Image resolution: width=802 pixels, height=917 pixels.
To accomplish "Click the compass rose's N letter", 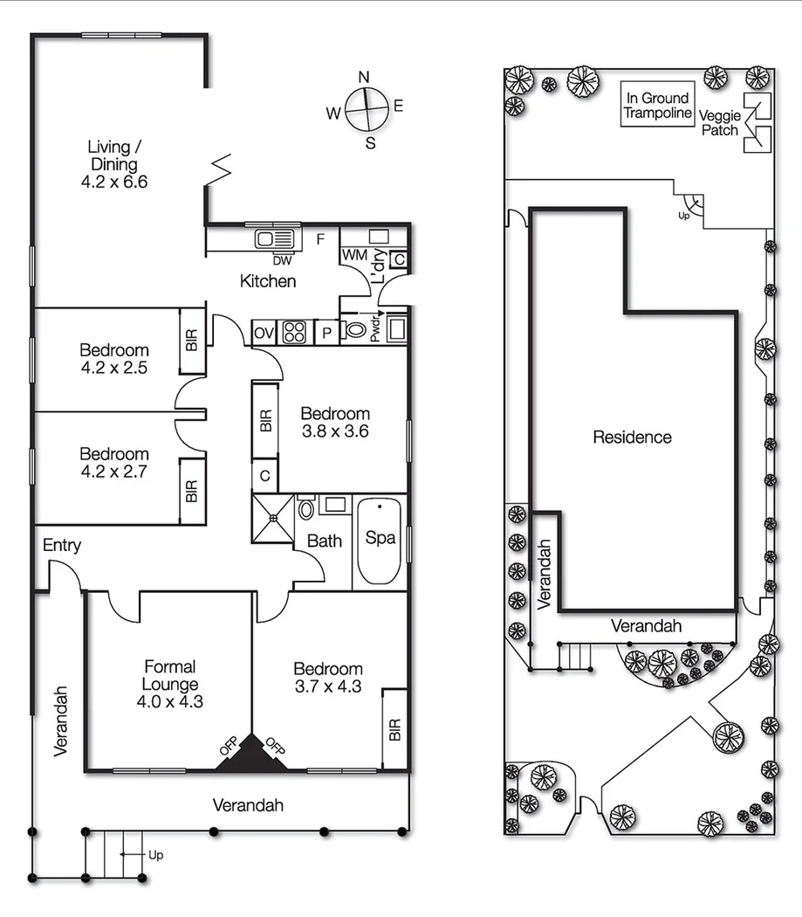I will click(365, 75).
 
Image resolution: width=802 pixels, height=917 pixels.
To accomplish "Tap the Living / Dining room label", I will click(114, 164).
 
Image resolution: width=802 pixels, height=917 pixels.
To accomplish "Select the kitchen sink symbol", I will click(275, 238).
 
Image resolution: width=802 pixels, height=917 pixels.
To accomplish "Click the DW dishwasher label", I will click(281, 259).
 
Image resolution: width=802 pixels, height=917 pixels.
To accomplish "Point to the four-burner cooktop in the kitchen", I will click(295, 333).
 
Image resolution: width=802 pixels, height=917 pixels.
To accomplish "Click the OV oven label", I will click(264, 333).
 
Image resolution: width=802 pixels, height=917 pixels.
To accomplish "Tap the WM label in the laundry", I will click(354, 254).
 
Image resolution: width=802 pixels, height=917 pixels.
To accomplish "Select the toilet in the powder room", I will click(355, 330).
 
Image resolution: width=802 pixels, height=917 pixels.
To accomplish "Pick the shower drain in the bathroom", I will click(273, 517).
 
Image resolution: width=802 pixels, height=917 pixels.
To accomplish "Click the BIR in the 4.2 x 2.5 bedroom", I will click(192, 340).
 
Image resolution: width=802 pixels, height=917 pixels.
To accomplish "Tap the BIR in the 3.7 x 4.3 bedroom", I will click(394, 728).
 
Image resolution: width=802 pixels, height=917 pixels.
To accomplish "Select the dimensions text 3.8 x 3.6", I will click(335, 431).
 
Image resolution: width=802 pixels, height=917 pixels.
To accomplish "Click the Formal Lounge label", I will click(169, 675).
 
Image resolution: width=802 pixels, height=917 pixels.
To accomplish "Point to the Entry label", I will click(61, 546).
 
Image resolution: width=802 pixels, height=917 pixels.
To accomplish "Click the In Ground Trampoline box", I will click(657, 106).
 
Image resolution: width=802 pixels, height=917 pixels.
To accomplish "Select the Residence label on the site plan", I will click(632, 437).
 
